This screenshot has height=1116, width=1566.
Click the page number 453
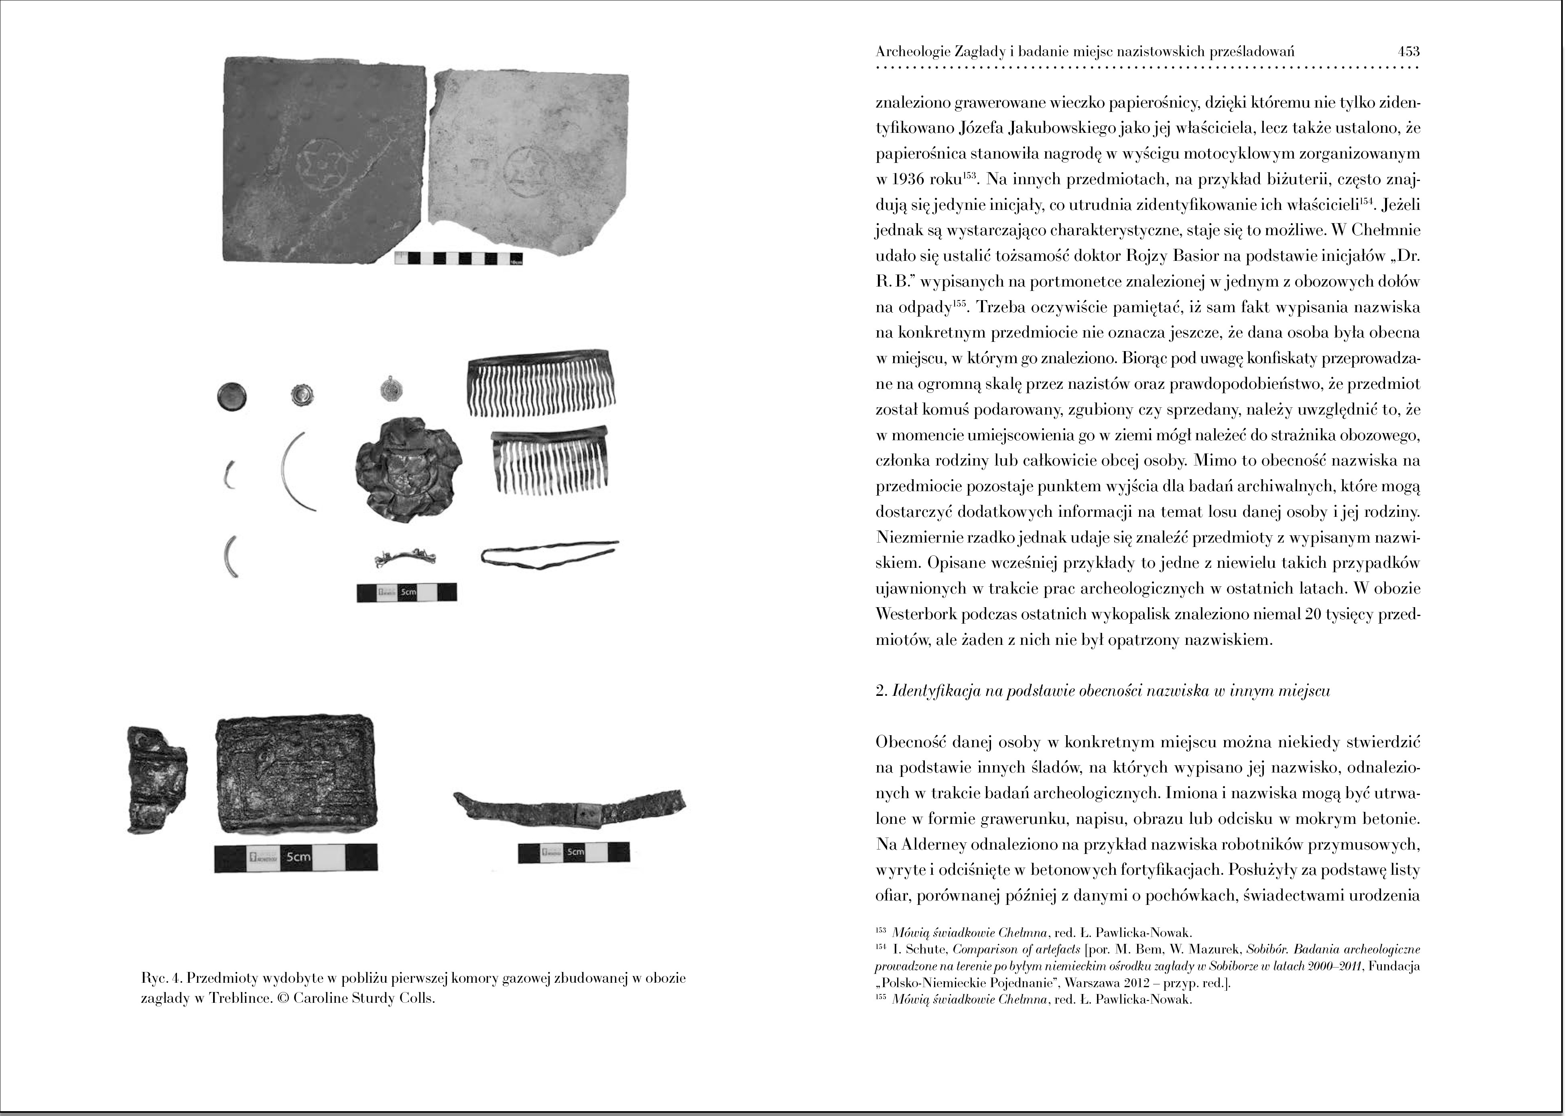tap(1407, 51)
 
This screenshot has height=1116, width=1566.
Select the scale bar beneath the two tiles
tap(458, 258)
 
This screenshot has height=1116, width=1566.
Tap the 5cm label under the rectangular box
tap(298, 858)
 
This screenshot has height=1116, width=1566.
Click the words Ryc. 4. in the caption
tap(161, 978)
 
